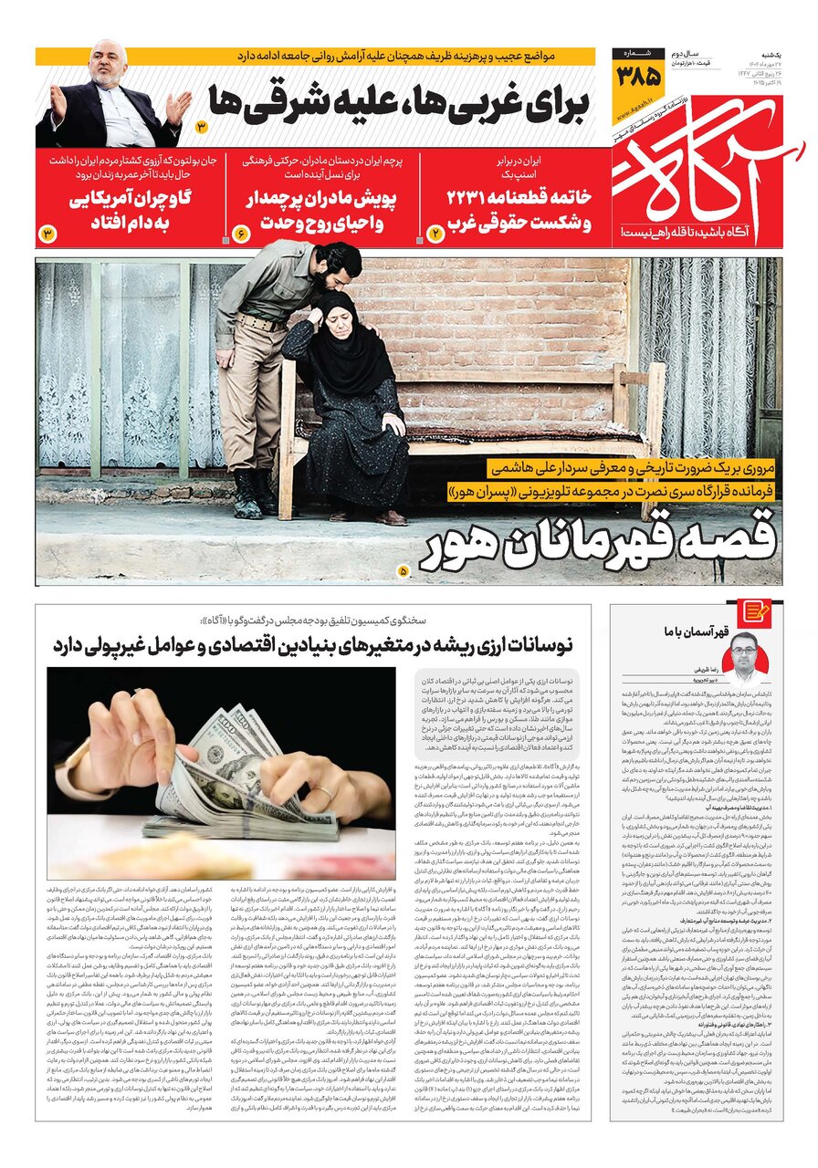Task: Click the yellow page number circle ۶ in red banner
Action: click(242, 234)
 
